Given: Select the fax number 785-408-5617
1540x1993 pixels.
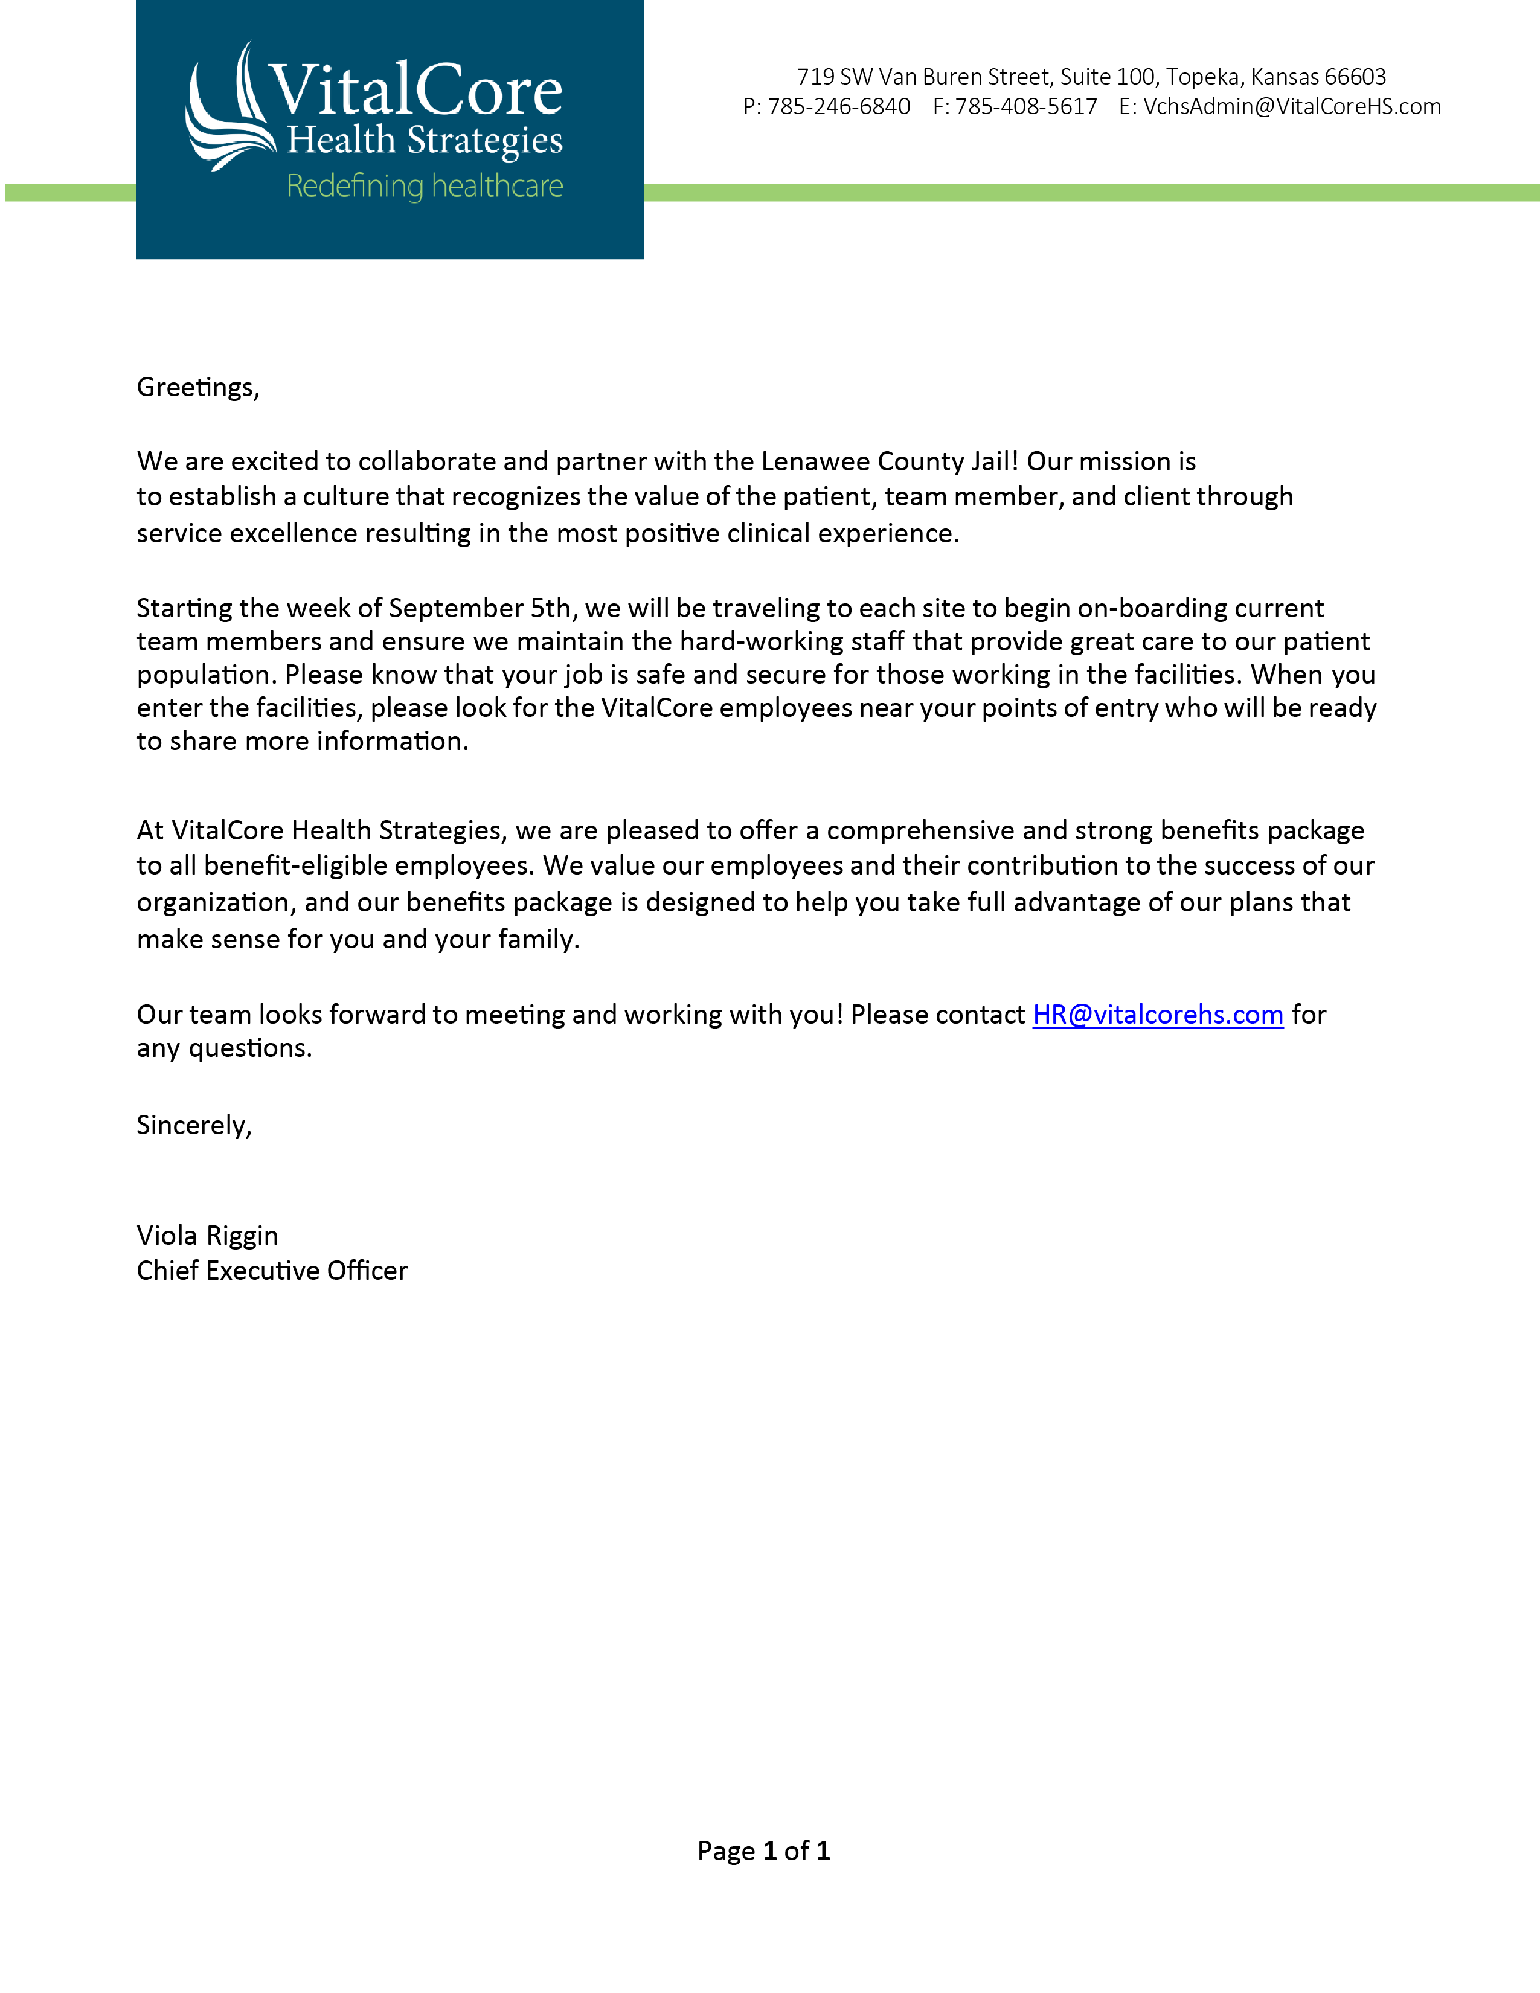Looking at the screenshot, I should pos(1025,107).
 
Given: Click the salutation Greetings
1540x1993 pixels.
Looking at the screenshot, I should pos(197,388).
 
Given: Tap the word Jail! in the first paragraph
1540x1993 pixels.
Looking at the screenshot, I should pos(993,462).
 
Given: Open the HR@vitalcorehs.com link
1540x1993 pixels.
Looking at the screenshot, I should pos(1158,1015).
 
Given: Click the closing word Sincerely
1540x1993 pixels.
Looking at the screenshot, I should pos(193,1125).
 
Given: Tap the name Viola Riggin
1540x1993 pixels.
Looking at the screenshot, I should pos(207,1236).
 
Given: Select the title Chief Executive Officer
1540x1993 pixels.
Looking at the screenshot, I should pos(272,1271).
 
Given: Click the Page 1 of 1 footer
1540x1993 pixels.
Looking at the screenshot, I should pos(763,1850).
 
